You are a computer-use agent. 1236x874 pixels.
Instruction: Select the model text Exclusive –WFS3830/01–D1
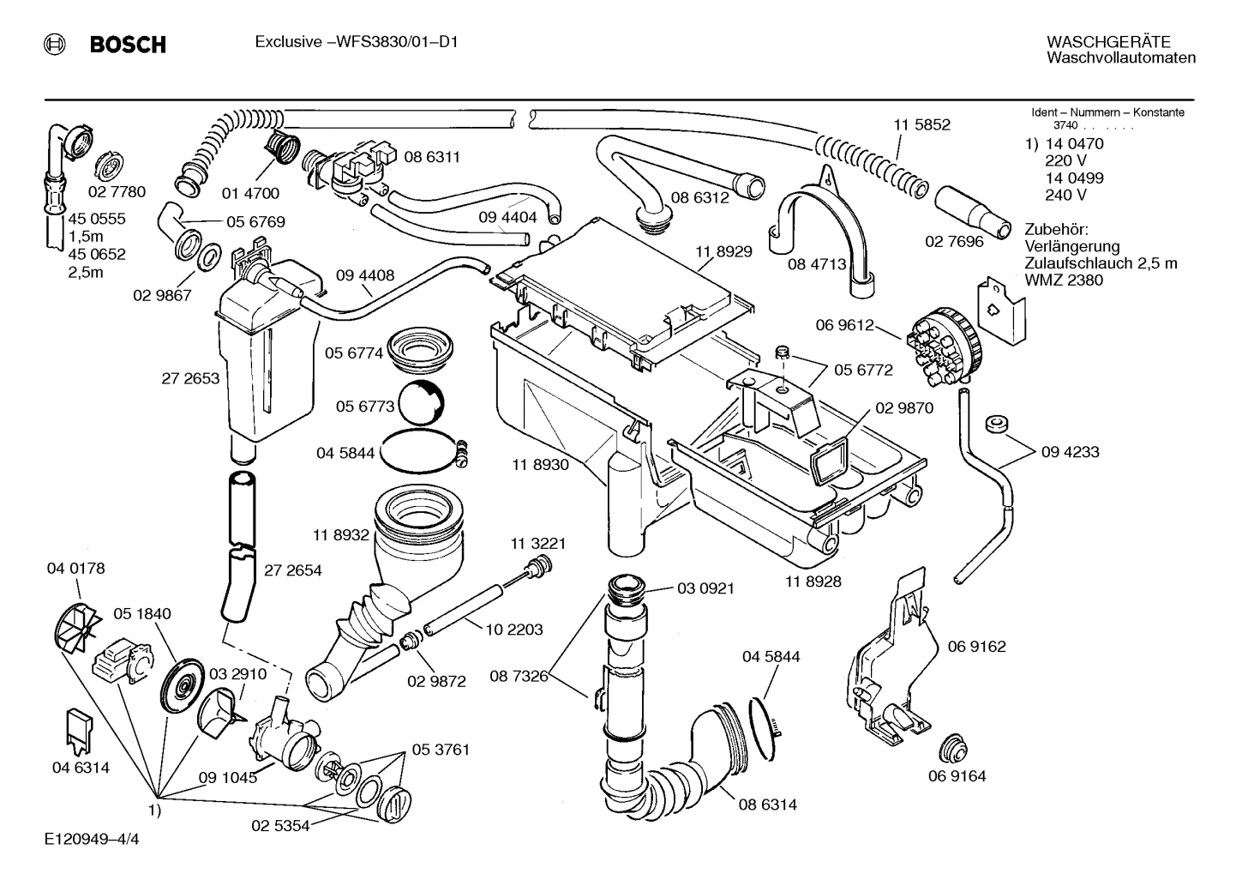356,41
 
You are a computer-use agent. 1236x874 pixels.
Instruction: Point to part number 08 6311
432,157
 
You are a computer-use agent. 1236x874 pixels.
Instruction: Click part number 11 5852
921,124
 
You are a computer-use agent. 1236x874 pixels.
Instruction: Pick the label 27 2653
190,378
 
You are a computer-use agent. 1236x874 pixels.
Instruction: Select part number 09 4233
1070,451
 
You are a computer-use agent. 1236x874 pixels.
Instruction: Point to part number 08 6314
768,805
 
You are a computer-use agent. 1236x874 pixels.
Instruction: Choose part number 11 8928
813,581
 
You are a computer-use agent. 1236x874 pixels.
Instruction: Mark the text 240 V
1065,195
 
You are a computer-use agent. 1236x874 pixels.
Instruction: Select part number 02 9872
437,681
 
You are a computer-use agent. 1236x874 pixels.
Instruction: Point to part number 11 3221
538,544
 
